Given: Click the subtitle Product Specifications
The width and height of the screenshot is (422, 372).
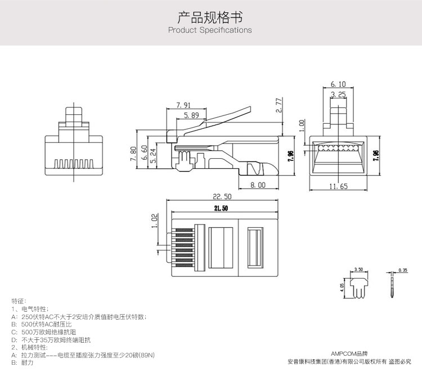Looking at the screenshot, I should click(x=210, y=30).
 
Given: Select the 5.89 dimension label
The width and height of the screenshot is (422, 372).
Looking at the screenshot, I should click(x=191, y=115).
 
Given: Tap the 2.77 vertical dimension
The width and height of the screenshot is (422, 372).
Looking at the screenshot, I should click(x=279, y=105).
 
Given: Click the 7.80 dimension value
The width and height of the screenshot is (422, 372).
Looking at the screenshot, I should click(x=134, y=154).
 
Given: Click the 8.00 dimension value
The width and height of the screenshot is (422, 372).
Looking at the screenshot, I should click(x=258, y=185).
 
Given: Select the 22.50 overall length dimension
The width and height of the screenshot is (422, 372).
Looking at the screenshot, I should click(x=222, y=197).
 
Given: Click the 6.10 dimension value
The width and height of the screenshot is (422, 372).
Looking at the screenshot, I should click(x=338, y=84).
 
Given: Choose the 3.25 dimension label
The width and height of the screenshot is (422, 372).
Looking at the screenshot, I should click(x=338, y=95).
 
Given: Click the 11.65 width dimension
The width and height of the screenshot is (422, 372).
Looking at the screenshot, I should click(x=338, y=186).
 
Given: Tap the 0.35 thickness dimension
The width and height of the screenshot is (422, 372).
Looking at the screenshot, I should click(x=402, y=271).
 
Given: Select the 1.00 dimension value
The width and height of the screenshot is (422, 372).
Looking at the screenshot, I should click(x=302, y=123).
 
